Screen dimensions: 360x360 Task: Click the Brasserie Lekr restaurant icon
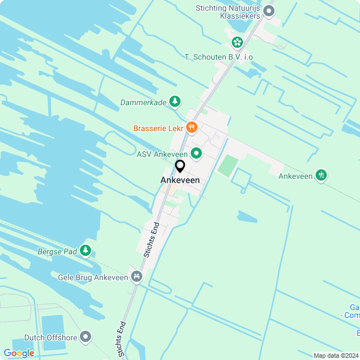tap(191, 128)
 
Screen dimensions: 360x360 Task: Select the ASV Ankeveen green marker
tap(196, 152)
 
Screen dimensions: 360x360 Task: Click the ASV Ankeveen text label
tap(162, 154)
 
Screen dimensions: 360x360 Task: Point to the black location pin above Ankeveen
tap(180, 166)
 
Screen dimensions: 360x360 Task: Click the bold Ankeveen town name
tap(180, 180)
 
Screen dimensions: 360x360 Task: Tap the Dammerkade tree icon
tap(175, 101)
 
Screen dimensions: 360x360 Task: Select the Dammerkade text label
tap(143, 102)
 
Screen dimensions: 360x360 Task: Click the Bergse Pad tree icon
tap(85, 250)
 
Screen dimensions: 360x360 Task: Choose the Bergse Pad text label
tap(57, 251)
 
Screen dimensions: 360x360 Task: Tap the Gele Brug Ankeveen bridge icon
tap(136, 276)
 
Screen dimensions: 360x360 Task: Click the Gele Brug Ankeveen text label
tap(93, 277)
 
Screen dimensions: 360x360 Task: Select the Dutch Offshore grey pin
tap(85, 336)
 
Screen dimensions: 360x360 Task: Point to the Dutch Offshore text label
tap(46, 337)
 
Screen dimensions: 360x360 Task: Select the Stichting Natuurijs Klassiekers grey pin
tap(269, 10)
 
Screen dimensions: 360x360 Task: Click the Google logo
tap(19, 353)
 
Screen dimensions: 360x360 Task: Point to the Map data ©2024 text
tap(335, 355)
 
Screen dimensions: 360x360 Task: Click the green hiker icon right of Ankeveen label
tap(321, 175)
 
